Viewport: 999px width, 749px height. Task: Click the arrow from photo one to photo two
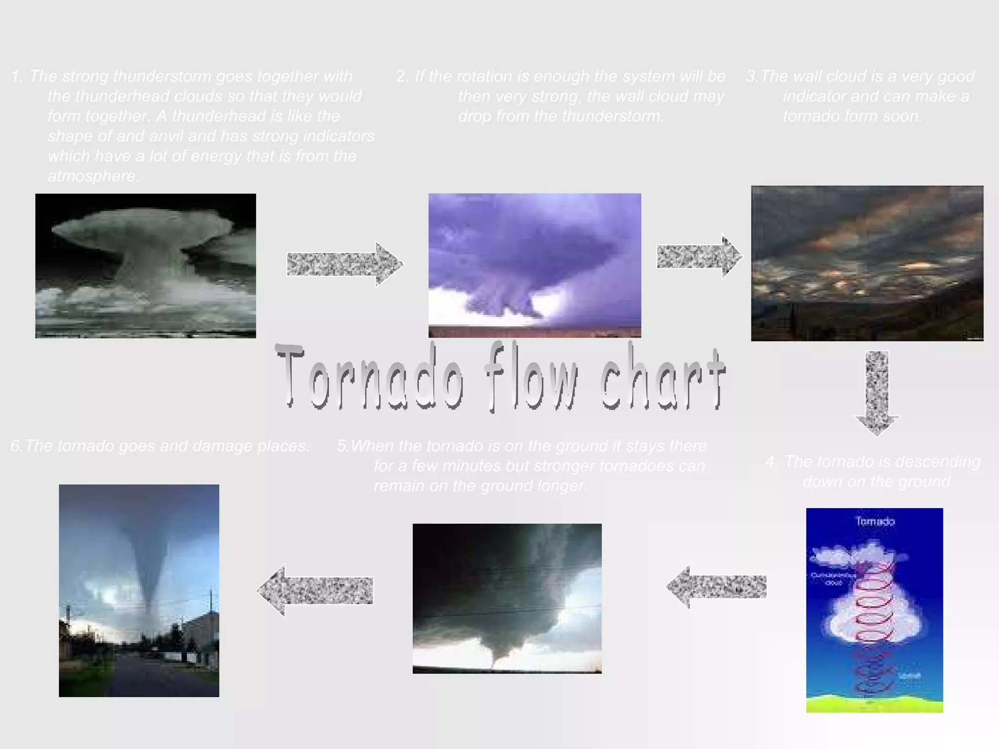pos(344,264)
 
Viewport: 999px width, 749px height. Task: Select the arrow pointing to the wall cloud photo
pos(699,256)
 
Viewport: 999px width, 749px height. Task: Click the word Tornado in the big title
pos(370,377)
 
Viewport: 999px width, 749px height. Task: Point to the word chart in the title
pos(662,377)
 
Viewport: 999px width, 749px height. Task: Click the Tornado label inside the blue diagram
pos(875,521)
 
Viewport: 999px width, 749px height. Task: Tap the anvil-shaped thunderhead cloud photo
pos(145,266)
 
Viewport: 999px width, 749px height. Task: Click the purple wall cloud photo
pos(535,265)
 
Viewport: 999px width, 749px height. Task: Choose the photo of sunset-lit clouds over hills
pos(867,263)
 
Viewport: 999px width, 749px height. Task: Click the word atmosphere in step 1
pos(93,176)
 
